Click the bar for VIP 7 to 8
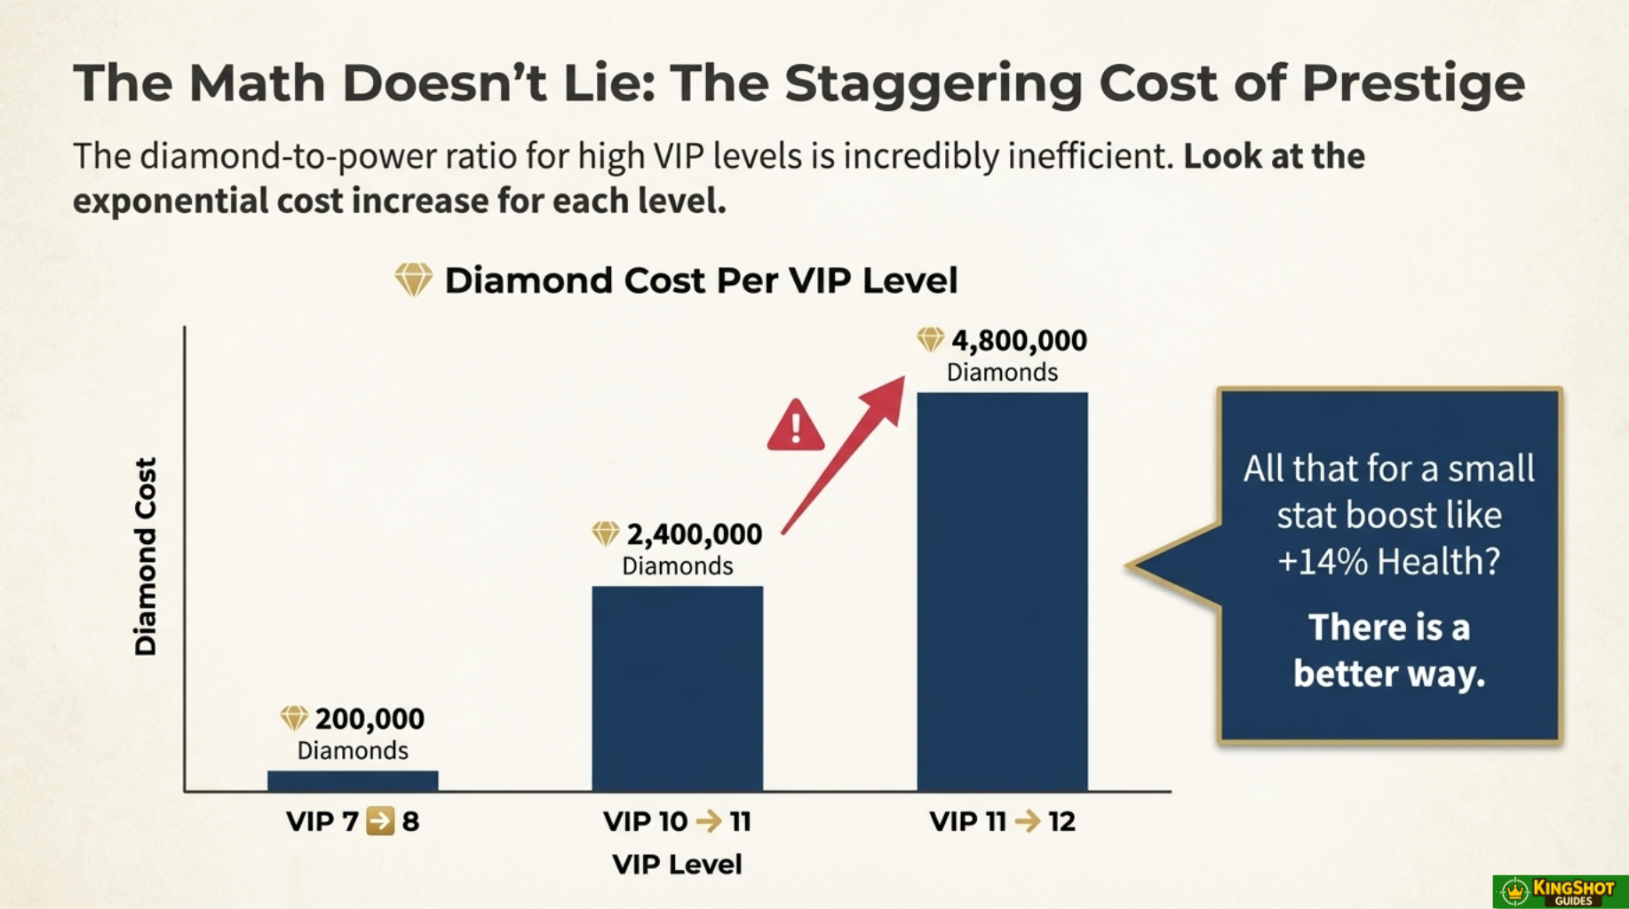tap(353, 780)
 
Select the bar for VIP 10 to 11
tap(677, 688)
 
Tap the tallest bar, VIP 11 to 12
tap(1002, 591)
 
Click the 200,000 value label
tap(370, 718)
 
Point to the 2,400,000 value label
tap(694, 534)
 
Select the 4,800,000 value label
tap(1019, 340)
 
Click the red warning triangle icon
tap(795, 426)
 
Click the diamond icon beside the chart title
tap(413, 280)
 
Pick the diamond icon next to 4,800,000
tap(930, 339)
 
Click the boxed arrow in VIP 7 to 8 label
tap(380, 821)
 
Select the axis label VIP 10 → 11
tap(677, 821)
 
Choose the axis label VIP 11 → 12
tap(1002, 821)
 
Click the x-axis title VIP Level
tap(677, 864)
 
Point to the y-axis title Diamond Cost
tap(145, 557)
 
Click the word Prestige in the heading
tap(1413, 83)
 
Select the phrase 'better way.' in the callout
tap(1388, 674)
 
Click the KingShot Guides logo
tap(1561, 891)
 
